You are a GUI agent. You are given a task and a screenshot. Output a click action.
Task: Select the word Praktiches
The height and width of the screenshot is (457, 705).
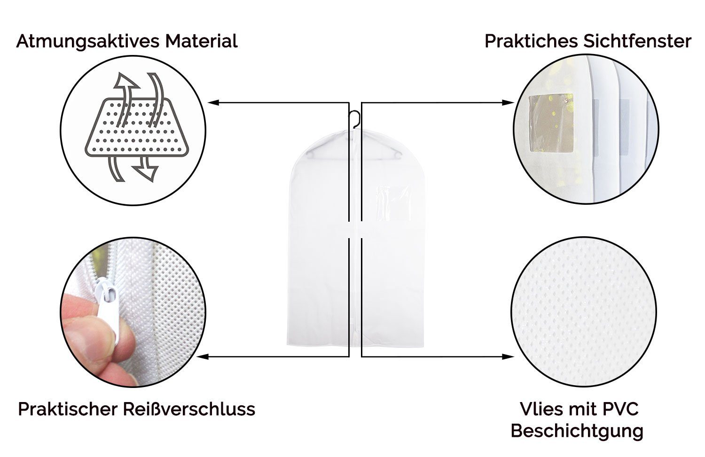[531, 41]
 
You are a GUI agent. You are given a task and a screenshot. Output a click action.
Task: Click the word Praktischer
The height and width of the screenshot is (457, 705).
[68, 409]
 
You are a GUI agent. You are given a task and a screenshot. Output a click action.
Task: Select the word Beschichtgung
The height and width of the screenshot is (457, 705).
[577, 431]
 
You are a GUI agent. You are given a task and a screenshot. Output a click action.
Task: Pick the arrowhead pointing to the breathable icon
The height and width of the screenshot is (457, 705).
[213, 102]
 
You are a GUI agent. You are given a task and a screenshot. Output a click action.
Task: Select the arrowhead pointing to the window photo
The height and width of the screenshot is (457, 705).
[508, 102]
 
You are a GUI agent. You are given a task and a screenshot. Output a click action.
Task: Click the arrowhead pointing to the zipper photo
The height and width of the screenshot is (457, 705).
[202, 356]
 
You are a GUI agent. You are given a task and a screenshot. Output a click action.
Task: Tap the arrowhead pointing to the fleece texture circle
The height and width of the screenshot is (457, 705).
[508, 356]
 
